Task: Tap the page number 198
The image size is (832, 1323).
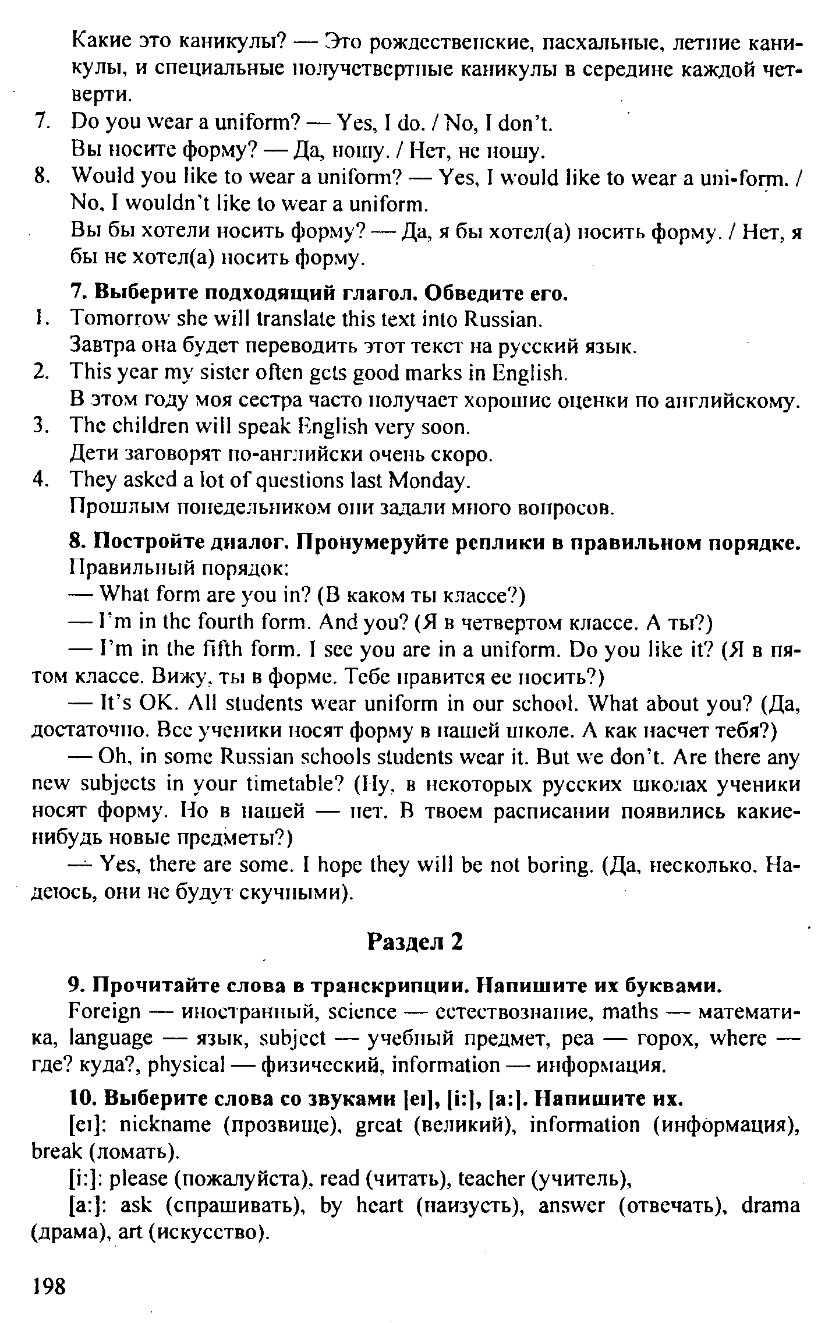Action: pyautogui.click(x=49, y=1286)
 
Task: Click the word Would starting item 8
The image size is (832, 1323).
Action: pyautogui.click(x=100, y=177)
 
